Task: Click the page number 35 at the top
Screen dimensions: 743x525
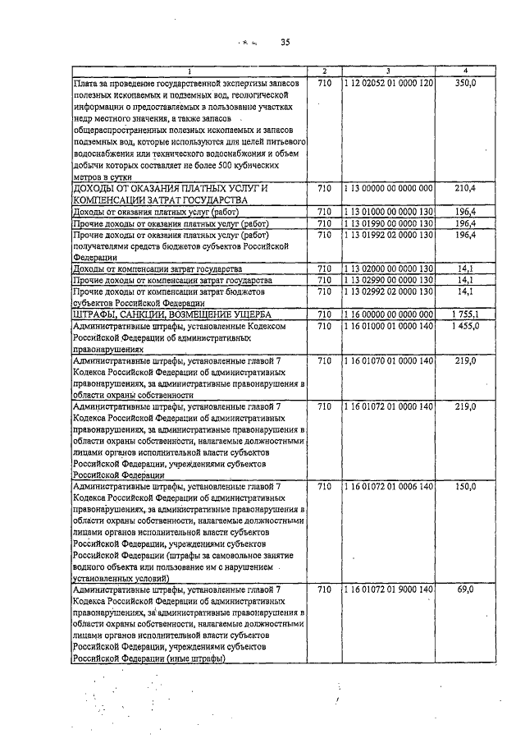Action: (285, 42)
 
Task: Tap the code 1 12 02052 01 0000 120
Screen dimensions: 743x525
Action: (388, 84)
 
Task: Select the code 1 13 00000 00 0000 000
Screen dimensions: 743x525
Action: (388, 188)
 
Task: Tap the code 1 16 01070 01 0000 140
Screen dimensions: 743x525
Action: (388, 360)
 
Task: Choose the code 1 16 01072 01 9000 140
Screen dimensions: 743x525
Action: (388, 589)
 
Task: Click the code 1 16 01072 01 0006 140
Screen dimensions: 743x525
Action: (388, 487)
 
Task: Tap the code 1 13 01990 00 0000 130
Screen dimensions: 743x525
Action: (388, 223)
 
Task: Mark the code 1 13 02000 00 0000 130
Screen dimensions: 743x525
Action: (388, 268)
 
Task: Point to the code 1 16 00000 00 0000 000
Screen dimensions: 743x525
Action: (388, 314)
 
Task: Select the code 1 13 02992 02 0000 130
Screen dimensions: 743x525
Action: (388, 291)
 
